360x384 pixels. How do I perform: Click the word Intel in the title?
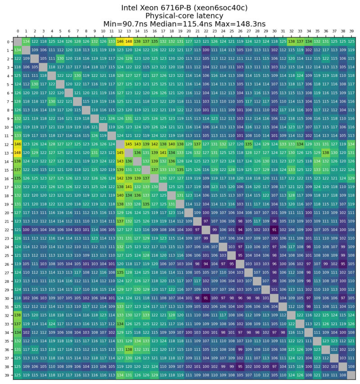coord(132,8)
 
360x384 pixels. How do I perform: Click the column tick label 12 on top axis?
coord(120,32)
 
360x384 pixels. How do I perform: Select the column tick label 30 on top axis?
coord(274,32)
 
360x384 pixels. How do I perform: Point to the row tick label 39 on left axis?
coord(9,375)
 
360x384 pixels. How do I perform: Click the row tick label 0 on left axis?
coord(9,42)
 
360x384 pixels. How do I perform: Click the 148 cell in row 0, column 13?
coord(129,42)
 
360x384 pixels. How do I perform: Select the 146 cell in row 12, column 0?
coord(18,144)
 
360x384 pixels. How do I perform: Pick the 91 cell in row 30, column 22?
coord(206,298)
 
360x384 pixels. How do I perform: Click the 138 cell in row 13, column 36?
coord(325,153)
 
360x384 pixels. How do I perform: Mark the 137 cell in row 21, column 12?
coord(120,221)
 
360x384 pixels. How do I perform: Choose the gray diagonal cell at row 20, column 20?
coord(189,213)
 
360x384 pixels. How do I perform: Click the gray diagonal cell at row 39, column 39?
coord(351,375)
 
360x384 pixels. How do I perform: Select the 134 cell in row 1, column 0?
coord(18,50)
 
